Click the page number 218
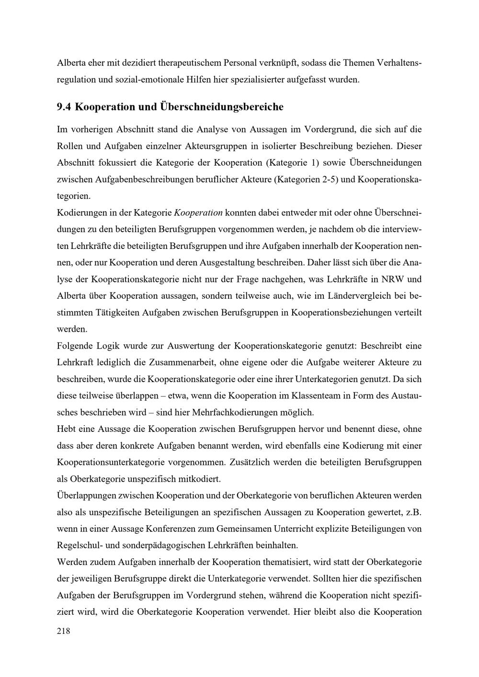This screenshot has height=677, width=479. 63,631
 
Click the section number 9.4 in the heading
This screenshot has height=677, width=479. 64,107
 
